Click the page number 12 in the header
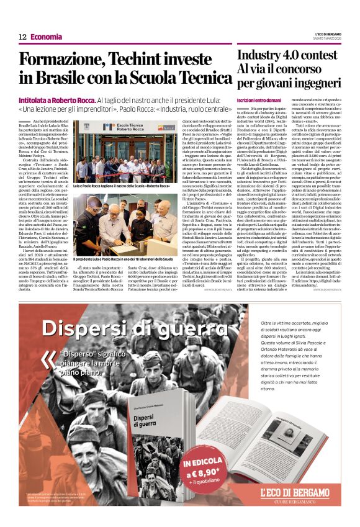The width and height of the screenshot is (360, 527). click(x=22, y=37)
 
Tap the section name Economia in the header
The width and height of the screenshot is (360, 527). click(x=47, y=37)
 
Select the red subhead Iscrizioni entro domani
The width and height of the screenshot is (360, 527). click(x=259, y=100)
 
